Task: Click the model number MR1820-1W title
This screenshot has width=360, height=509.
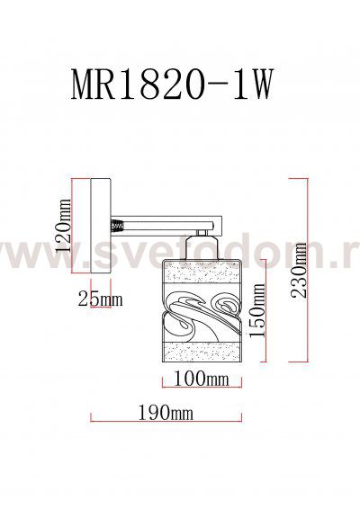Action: pyautogui.click(x=170, y=86)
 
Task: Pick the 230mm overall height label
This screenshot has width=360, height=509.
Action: pyautogui.click(x=303, y=271)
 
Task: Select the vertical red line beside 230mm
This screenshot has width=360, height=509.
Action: pyautogui.click(x=290, y=270)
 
